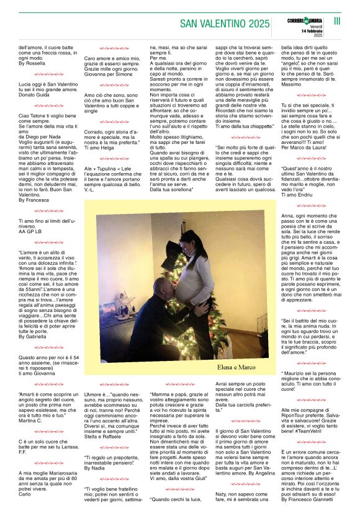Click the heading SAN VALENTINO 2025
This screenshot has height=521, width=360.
tap(224, 24)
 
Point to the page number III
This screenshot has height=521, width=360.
tap(338, 21)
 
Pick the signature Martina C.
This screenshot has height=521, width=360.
tap(30, 421)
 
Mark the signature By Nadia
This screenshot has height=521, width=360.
tap(94, 468)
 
